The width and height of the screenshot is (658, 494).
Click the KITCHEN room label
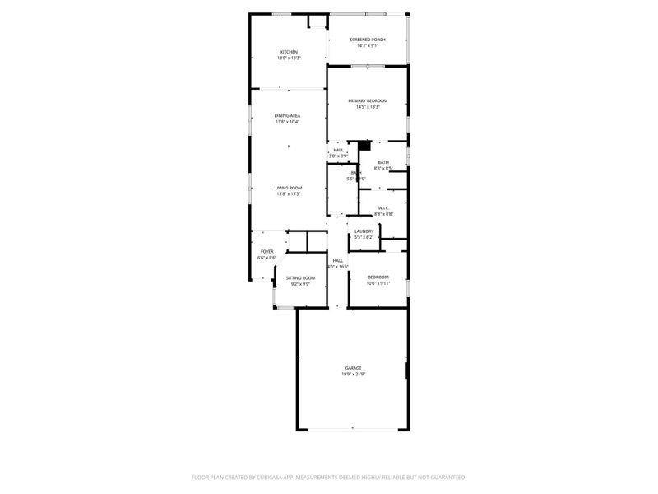[288, 53]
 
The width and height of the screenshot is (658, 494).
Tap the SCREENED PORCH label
[367, 40]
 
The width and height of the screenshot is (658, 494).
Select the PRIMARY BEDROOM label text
[367, 100]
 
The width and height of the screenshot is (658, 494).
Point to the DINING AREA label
[287, 116]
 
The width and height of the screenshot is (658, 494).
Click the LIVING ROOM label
[288, 188]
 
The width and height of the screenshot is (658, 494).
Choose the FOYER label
[266, 251]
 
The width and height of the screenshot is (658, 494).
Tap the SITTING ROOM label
[300, 278]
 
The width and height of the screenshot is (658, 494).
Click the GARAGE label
[353, 368]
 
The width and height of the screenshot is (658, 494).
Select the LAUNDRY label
[364, 231]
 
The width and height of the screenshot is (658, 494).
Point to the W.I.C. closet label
[383, 208]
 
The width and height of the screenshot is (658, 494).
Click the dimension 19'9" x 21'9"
[353, 375]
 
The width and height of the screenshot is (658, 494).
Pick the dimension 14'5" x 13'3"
[367, 107]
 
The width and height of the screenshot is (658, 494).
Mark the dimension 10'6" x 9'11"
[378, 284]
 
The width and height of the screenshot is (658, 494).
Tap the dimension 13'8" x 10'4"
[287, 123]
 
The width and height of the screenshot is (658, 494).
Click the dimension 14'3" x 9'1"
[367, 46]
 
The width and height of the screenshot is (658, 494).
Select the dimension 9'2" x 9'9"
[300, 285]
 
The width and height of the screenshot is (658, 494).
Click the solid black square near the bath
[360, 145]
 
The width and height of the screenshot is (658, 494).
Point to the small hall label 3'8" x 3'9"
[338, 156]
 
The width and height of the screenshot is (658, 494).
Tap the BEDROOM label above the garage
[378, 277]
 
